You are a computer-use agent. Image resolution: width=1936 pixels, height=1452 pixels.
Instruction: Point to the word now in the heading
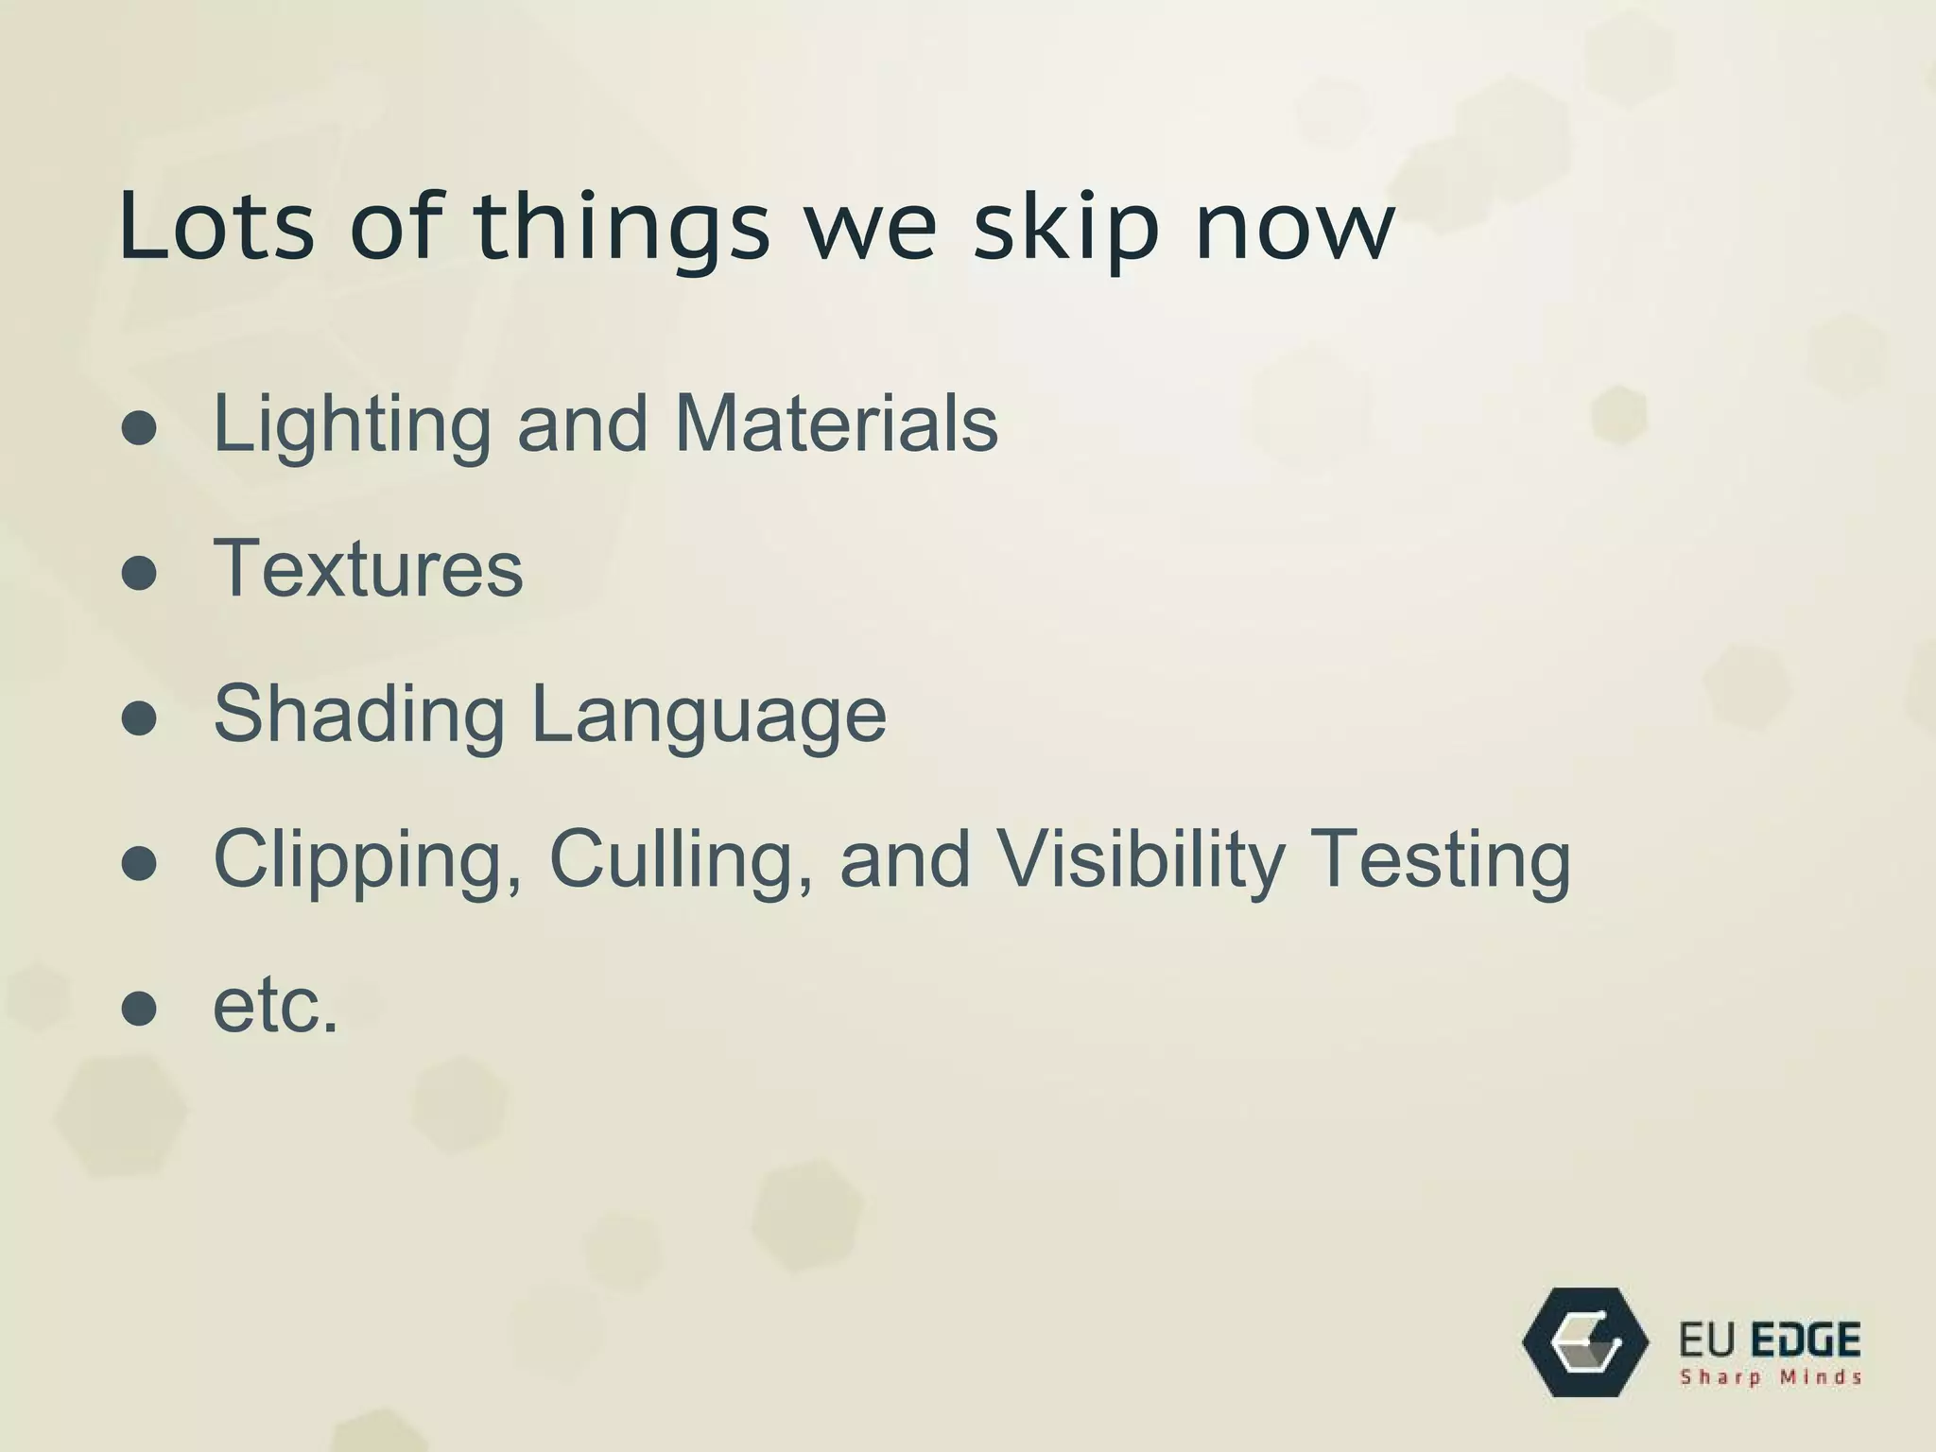coord(1294,229)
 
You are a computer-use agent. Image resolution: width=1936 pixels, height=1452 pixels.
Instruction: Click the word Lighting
coord(352,425)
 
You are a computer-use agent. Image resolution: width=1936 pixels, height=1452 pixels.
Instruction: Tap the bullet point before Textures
coord(139,572)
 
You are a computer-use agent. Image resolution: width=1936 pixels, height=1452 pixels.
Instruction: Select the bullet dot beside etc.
coord(139,1009)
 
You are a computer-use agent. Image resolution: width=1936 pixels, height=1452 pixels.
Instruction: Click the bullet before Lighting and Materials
coord(139,428)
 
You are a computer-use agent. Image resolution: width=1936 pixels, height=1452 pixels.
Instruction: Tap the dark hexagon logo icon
coord(1585,1341)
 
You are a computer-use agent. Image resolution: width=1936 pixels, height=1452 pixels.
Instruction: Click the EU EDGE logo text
coord(1770,1340)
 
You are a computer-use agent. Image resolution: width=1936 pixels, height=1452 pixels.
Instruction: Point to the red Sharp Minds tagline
coord(1770,1377)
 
